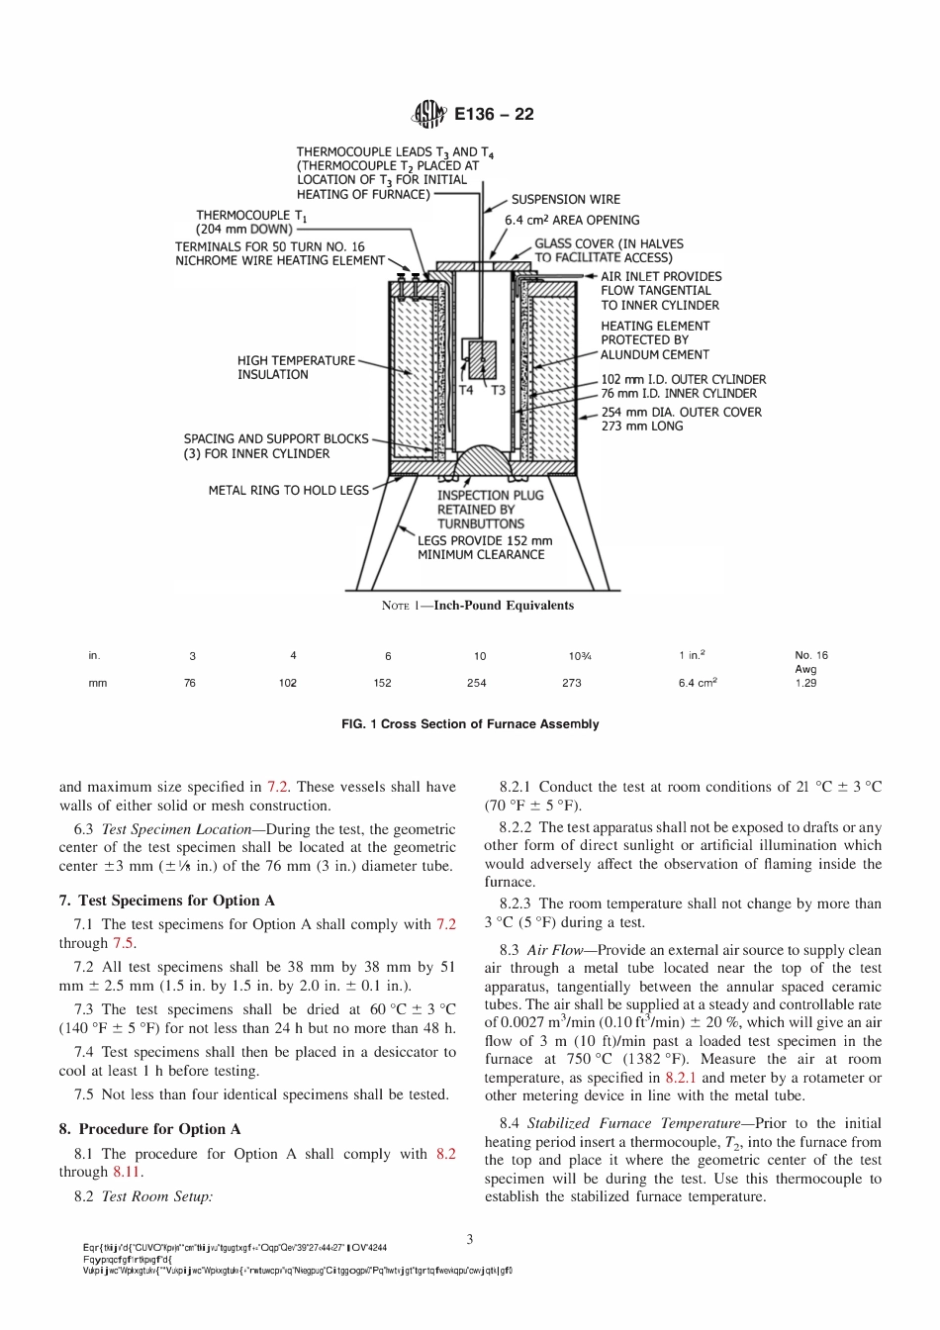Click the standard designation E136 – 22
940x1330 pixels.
pos(494,115)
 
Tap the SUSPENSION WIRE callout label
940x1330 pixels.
pos(565,200)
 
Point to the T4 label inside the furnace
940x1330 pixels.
pos(467,390)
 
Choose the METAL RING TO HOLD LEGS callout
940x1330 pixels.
pos(288,490)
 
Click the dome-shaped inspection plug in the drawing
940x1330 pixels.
pos(484,462)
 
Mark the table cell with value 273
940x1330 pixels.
pos(572,683)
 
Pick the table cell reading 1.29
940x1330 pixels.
pos(806,683)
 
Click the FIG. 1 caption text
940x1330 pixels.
pos(470,724)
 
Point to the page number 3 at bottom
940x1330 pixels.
pos(470,1239)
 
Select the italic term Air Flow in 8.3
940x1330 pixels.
pos(559,950)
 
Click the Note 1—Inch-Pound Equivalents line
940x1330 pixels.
pos(478,606)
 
